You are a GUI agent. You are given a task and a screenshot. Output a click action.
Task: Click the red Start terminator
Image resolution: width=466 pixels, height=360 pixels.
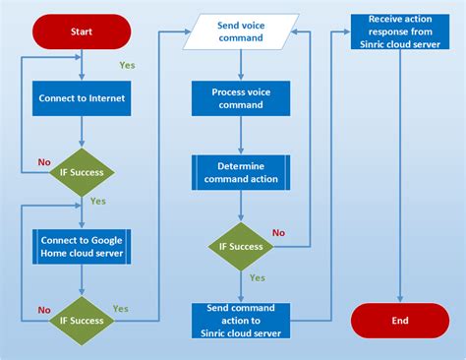pyautogui.click(x=82, y=31)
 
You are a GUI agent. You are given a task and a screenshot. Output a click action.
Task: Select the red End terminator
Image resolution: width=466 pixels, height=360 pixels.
pyautogui.click(x=399, y=320)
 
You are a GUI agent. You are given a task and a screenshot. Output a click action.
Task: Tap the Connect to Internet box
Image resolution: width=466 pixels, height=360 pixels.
pyautogui.click(x=82, y=98)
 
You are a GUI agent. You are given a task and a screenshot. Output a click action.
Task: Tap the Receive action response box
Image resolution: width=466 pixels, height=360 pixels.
pyautogui.click(x=399, y=31)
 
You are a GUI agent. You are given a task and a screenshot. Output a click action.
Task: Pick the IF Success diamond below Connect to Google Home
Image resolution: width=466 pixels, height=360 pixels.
pyautogui.click(x=82, y=320)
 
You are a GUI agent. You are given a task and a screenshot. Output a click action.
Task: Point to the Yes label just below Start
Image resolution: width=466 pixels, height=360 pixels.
pyautogui.click(x=127, y=65)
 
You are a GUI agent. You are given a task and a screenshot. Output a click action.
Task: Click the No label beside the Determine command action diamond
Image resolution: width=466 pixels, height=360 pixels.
pyautogui.click(x=278, y=233)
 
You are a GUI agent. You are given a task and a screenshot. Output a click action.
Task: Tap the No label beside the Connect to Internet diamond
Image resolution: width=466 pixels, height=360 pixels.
pyautogui.click(x=43, y=161)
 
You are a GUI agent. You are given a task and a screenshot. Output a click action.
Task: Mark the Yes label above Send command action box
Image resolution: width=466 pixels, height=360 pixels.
pyautogui.click(x=257, y=277)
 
